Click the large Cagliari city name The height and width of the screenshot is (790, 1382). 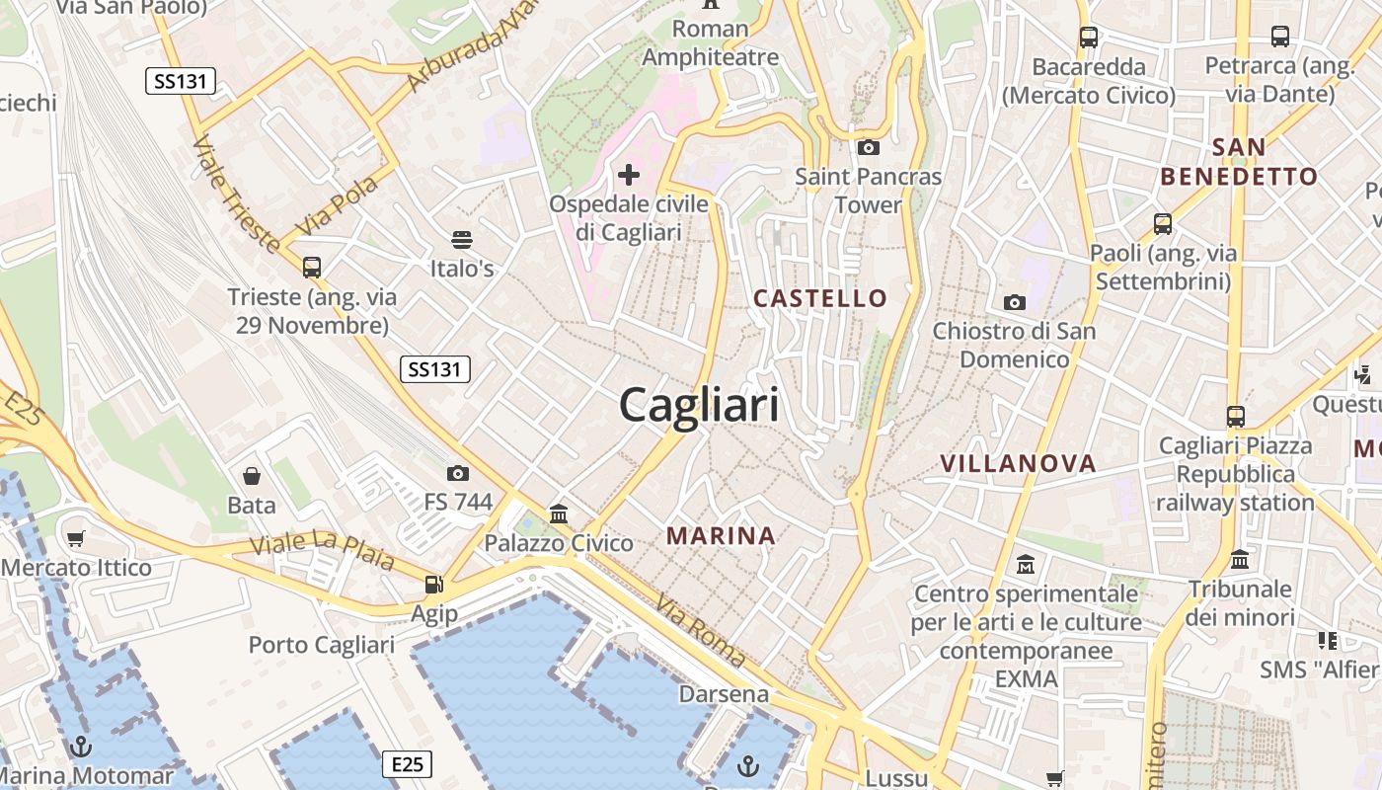click(699, 405)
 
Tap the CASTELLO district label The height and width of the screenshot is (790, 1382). click(820, 298)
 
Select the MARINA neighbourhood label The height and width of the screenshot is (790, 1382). click(721, 536)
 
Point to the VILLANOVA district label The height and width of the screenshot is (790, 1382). click(1018, 464)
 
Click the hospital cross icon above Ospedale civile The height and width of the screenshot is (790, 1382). click(629, 175)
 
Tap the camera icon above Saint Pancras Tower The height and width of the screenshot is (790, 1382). click(869, 148)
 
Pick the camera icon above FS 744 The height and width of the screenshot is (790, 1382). click(458, 473)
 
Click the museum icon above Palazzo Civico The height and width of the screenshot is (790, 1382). click(559, 513)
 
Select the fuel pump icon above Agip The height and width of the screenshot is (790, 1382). click(433, 584)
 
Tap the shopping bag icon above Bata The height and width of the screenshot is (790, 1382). click(252, 476)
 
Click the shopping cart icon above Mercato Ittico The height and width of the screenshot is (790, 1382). click(76, 538)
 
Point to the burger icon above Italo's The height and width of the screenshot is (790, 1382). click(461, 239)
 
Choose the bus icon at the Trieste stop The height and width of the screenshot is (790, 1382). click(312, 267)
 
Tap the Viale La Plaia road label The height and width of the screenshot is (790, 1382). click(322, 552)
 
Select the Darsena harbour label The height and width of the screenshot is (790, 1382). click(724, 694)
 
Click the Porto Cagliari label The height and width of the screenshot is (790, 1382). click(322, 645)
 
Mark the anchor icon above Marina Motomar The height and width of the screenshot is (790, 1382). click(82, 746)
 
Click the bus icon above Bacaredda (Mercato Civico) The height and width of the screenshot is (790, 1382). click(1089, 38)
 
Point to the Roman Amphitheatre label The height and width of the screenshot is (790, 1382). click(711, 42)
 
